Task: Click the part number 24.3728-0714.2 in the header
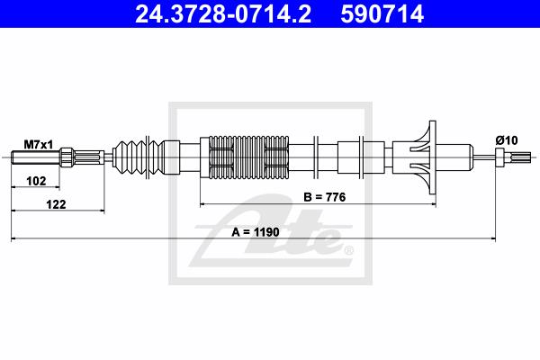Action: click(223, 13)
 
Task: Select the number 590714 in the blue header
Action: click(382, 13)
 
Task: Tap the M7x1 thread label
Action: click(38, 145)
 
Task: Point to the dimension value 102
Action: click(36, 181)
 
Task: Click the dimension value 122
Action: click(56, 204)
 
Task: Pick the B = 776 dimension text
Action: click(324, 197)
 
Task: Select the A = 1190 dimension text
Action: click(256, 232)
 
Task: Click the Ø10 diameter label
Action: click(507, 140)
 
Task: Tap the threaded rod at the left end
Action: click(36, 157)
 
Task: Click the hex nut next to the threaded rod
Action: click(67, 157)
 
